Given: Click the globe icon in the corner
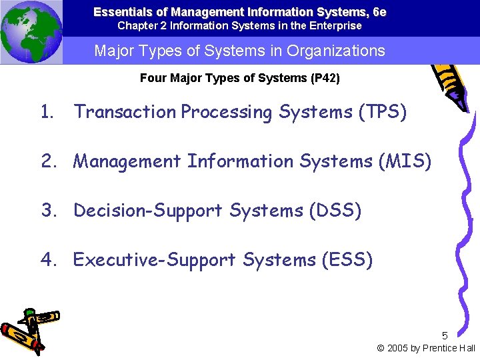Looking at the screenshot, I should point(31,32).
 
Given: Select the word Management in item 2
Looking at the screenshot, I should point(127,161).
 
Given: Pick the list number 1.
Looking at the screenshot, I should point(46,112).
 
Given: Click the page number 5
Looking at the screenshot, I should point(445,336).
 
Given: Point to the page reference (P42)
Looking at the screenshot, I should point(325,79).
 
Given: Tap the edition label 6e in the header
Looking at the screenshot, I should point(379,12).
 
